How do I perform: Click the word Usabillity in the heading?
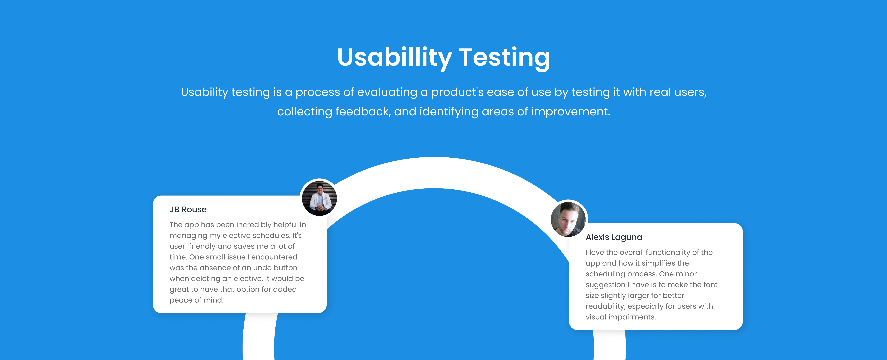click(394, 58)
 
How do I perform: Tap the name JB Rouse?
click(188, 210)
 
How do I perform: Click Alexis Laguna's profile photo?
click(568, 219)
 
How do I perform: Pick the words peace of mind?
click(196, 300)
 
